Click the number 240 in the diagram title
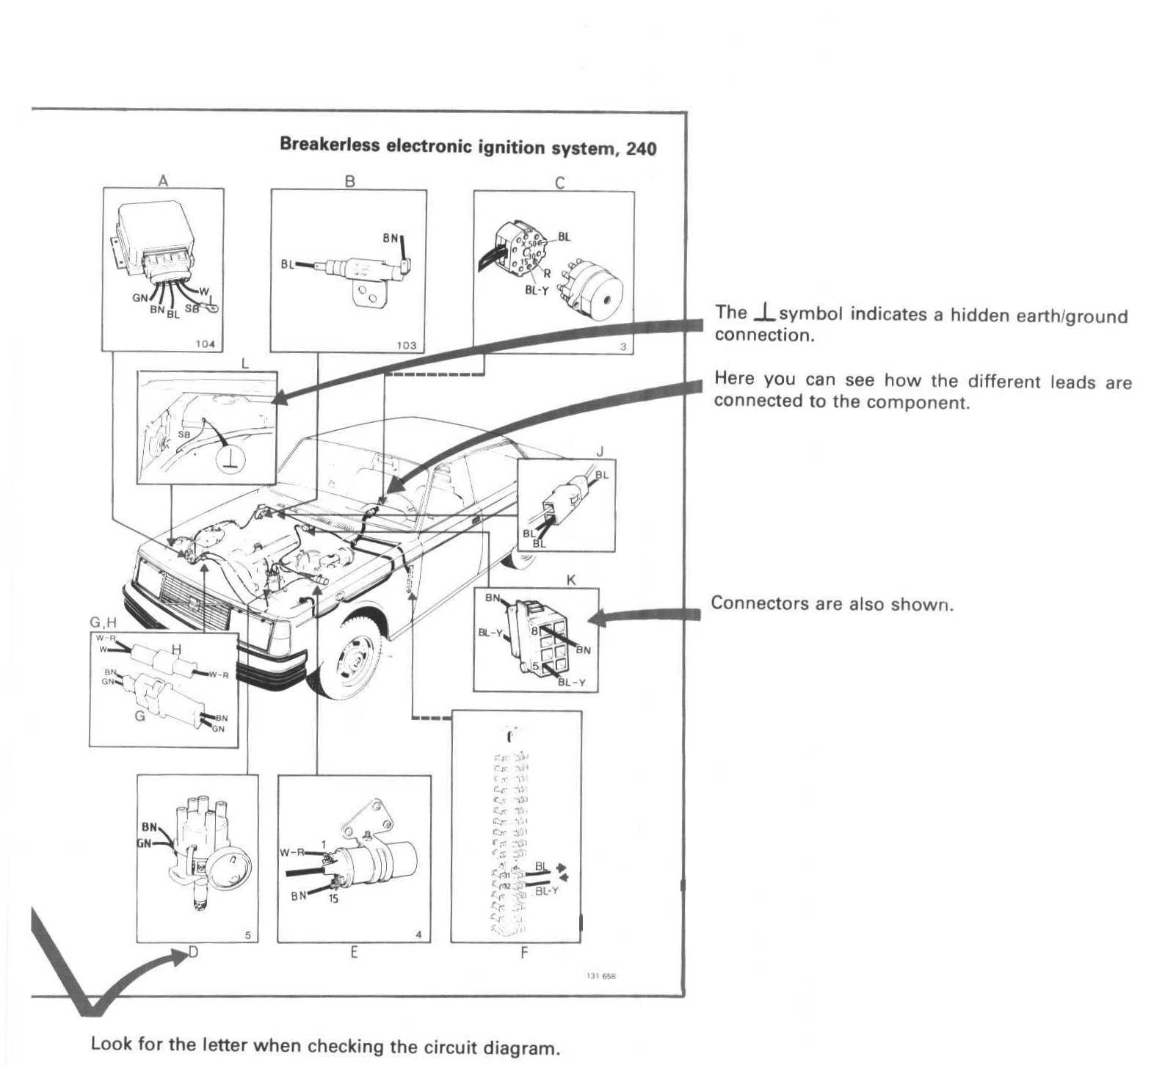(x=641, y=149)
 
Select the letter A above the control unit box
(x=163, y=181)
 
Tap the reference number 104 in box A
(x=205, y=343)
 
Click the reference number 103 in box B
(x=406, y=345)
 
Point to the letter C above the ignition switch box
(x=559, y=183)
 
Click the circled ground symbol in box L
(x=231, y=459)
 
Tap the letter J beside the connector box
(x=600, y=451)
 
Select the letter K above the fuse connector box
(x=571, y=580)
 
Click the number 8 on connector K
(x=534, y=630)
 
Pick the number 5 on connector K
(x=536, y=666)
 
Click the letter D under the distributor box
(x=194, y=953)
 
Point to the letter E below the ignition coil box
(x=354, y=953)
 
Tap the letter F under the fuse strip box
(x=523, y=953)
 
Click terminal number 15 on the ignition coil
(x=333, y=898)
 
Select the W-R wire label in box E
(x=291, y=852)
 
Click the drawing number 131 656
(x=601, y=976)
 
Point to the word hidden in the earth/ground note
(x=904, y=315)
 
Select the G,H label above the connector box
(x=103, y=622)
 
